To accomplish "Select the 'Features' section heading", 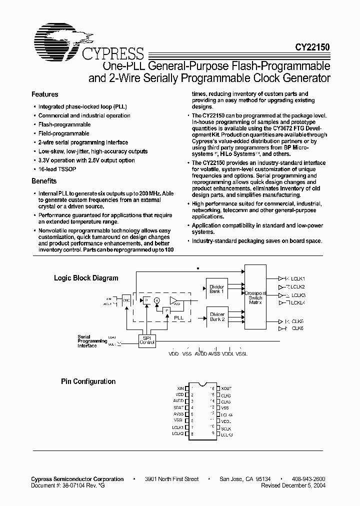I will (44, 94).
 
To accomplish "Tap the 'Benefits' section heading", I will (44, 181).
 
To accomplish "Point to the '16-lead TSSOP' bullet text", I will (57, 169).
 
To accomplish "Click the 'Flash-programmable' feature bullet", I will (64, 124).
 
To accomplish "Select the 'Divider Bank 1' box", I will (217, 289).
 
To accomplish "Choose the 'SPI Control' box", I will (146, 340).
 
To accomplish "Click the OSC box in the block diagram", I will (126, 300).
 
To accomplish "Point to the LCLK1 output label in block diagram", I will (298, 278).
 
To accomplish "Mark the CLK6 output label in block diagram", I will (297, 328).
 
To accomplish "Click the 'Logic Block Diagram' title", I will (86, 278).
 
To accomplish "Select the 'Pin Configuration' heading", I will (88, 381).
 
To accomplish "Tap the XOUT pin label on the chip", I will (226, 388).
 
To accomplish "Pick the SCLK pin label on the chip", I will (226, 428).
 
